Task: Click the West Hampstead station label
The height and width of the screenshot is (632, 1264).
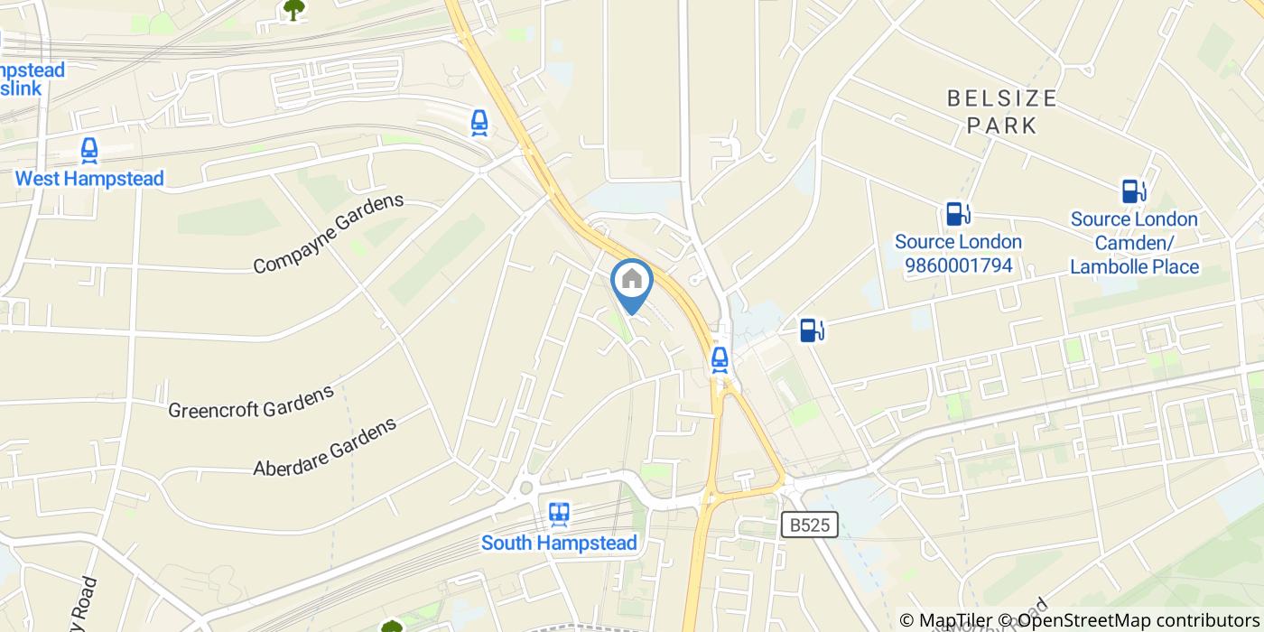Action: pos(89,179)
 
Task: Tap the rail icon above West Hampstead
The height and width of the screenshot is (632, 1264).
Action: pos(89,151)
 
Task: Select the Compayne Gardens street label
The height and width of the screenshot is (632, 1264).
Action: pos(328,234)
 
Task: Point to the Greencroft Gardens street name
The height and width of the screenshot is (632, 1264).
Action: pos(251,403)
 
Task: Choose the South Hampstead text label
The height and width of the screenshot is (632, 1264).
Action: pos(559,543)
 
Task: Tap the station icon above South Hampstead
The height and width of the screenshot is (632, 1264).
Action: pos(559,515)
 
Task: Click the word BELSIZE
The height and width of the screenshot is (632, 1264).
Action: pos(1001,98)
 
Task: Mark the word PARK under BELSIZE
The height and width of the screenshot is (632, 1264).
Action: pos(1002,125)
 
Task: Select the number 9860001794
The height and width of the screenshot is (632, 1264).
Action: pos(958,266)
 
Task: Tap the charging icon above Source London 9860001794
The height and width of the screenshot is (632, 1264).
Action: pos(958,214)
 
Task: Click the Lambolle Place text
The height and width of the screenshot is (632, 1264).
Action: pos(1135,266)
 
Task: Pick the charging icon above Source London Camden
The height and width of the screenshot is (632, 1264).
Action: pos(1134,191)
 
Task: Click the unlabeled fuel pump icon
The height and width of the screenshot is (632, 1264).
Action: pos(812,330)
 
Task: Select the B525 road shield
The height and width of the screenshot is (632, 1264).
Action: pos(809,525)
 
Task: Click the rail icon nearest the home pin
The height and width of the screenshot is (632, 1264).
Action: pos(720,359)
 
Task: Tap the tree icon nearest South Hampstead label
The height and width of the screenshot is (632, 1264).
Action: pos(391,626)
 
